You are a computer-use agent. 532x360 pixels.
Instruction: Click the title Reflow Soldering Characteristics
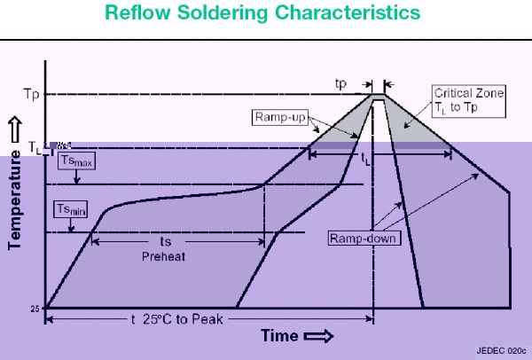[265, 15]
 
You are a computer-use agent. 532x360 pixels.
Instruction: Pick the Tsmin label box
[67, 209]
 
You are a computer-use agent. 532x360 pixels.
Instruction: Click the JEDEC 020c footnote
[500, 350]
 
